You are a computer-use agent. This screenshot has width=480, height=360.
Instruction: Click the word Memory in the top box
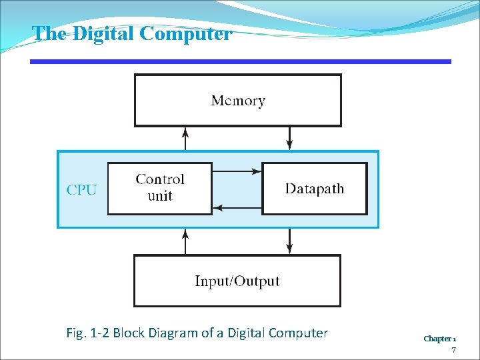238,101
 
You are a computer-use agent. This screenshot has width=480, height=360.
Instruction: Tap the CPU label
81,189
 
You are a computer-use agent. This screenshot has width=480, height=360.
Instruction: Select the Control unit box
160,188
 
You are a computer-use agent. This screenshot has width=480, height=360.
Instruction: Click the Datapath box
315,189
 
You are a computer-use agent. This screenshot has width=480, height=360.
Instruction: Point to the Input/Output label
237,281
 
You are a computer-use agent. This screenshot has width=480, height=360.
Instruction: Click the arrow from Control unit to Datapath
237,171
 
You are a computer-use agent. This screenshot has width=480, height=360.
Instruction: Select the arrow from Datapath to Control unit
237,207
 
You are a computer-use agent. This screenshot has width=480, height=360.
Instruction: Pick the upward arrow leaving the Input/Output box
185,241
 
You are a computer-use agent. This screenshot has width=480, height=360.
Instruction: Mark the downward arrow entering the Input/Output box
289,241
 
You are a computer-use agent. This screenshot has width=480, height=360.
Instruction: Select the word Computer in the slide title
186,33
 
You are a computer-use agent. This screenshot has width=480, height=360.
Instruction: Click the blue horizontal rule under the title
240,62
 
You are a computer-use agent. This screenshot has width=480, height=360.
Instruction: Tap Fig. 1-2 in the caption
88,333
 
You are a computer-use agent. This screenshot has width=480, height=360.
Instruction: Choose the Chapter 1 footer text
440,339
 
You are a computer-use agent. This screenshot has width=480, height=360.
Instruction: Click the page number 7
453,350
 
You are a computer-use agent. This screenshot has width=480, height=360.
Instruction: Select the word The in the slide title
47,33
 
